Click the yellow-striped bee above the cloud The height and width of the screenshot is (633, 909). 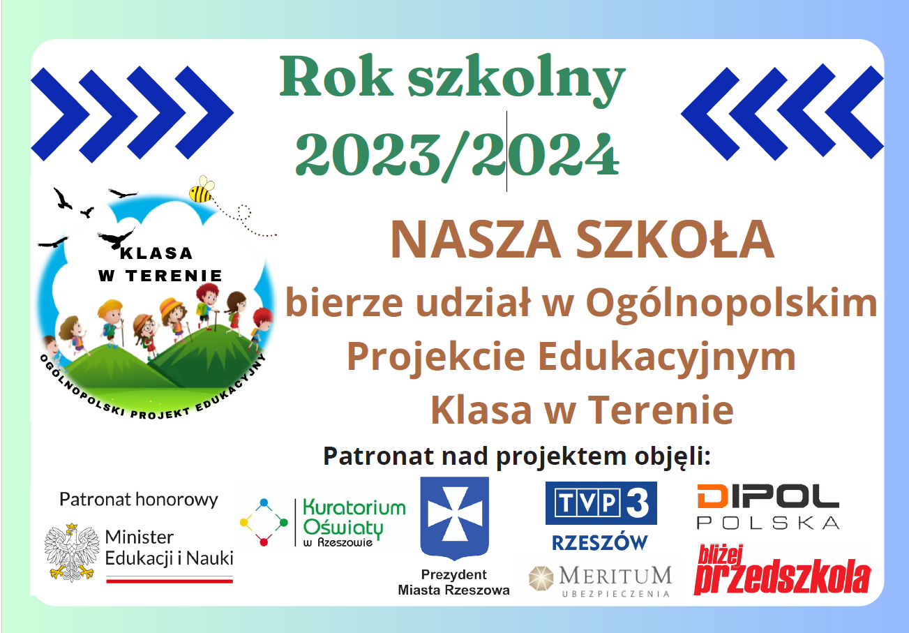[x=202, y=190]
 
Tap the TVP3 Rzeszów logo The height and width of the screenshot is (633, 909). [x=601, y=516]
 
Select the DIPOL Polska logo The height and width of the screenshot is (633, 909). [x=768, y=506]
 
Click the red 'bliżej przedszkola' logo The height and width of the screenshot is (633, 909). [x=782, y=569]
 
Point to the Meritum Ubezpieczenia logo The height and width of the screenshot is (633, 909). [x=600, y=581]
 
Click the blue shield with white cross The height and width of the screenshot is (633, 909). [x=455, y=518]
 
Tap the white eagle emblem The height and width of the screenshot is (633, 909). [x=72, y=552]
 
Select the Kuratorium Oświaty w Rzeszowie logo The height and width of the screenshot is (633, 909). [x=322, y=523]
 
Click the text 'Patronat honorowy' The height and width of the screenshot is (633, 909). [x=139, y=500]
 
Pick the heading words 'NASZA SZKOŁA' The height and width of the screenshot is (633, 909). [x=583, y=239]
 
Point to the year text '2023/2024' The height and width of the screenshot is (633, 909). [x=458, y=155]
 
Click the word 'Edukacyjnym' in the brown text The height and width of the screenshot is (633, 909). [x=667, y=357]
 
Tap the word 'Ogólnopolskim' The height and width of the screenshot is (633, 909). [x=732, y=304]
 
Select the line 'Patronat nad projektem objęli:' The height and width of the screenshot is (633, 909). [x=516, y=456]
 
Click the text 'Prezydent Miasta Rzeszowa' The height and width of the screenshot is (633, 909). [x=453, y=582]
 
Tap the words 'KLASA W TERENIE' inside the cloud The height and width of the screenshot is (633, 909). [x=160, y=265]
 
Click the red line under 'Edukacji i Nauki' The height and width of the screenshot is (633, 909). [x=170, y=581]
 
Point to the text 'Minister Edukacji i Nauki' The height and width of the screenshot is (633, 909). [x=170, y=548]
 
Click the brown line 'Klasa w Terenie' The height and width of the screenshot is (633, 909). [x=582, y=410]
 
